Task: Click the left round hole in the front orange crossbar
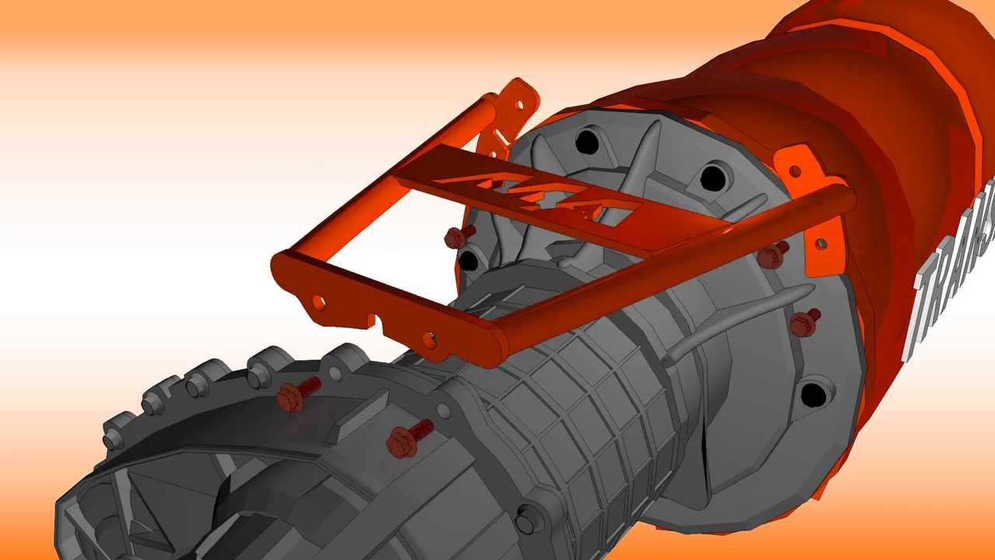(x=318, y=299)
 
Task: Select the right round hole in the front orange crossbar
(x=428, y=338)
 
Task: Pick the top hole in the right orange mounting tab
(x=794, y=170)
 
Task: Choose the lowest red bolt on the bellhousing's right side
(x=805, y=322)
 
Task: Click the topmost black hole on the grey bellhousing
(x=588, y=142)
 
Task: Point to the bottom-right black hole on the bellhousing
(x=813, y=394)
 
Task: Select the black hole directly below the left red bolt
(x=469, y=261)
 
